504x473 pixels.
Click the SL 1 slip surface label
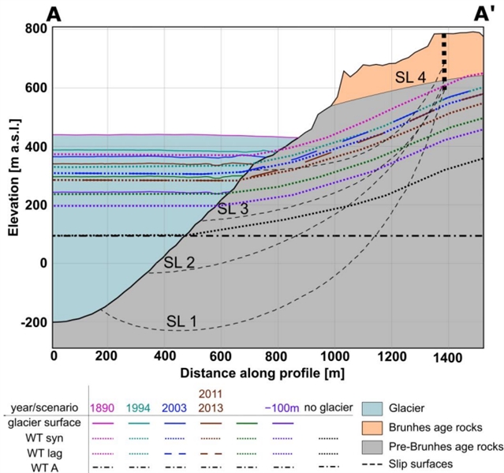click(181, 321)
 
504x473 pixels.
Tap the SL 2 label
click(179, 261)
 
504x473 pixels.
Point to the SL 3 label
click(233, 208)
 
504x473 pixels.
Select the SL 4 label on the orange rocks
click(411, 77)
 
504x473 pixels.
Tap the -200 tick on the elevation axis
click(31, 322)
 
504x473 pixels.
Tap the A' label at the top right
click(483, 13)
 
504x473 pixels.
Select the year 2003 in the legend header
click(178, 409)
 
